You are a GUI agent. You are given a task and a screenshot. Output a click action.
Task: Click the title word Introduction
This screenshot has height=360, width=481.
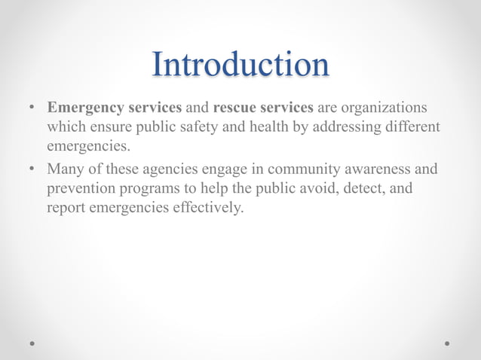(240, 64)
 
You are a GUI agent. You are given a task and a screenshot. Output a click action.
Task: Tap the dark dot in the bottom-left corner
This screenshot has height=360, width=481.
(32, 343)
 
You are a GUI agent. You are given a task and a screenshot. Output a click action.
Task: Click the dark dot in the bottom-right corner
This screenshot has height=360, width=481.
(448, 343)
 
